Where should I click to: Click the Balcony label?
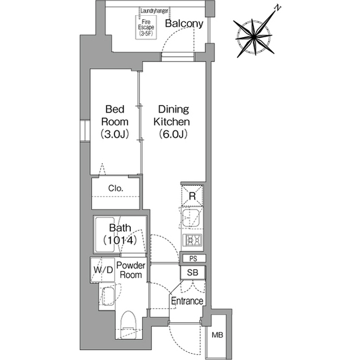click(184, 24)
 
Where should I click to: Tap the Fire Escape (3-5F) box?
click(146, 28)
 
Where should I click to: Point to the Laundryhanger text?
click(154, 11)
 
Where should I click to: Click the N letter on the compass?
click(278, 8)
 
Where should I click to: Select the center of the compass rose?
click(254, 37)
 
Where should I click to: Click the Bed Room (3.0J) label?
click(115, 122)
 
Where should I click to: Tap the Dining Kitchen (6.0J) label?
click(172, 122)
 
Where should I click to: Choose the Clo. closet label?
click(116, 188)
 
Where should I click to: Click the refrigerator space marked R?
click(192, 195)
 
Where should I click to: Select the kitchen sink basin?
click(191, 218)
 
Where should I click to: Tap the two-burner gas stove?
click(192, 241)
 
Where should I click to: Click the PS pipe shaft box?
click(193, 259)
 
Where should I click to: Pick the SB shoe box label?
click(192, 273)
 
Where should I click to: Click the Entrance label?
click(187, 301)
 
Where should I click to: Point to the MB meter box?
click(217, 335)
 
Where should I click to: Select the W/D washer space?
click(103, 270)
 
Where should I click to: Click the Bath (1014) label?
click(120, 234)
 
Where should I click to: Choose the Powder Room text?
click(131, 270)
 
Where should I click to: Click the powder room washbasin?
click(108, 296)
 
